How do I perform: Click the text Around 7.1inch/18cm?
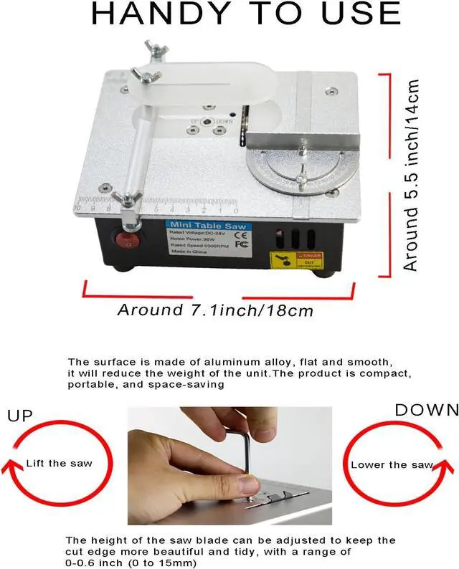click(x=214, y=310)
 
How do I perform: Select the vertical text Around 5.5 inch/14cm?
click(x=411, y=175)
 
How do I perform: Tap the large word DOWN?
click(x=426, y=411)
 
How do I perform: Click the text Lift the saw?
click(x=59, y=463)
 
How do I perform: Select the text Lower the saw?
click(x=392, y=464)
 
